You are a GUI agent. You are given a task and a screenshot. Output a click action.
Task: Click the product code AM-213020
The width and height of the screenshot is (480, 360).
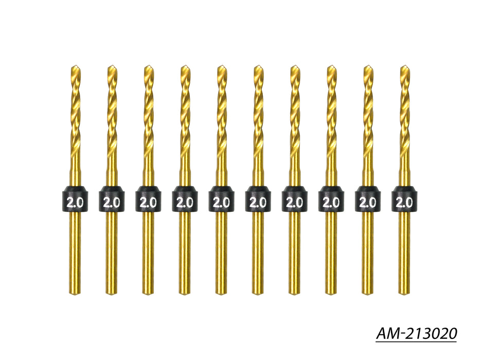(x=416, y=333)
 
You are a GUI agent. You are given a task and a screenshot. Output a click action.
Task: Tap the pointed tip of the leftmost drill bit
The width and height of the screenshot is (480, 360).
(x=75, y=66)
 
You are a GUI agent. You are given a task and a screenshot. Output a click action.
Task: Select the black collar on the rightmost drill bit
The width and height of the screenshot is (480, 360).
(x=404, y=199)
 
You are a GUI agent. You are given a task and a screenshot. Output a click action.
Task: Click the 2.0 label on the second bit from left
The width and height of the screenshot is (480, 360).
(x=112, y=202)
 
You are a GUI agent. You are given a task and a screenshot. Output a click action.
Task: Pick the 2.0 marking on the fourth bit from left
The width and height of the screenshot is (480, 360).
(x=185, y=202)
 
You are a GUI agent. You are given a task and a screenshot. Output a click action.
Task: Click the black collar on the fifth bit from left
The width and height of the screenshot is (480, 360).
(x=222, y=199)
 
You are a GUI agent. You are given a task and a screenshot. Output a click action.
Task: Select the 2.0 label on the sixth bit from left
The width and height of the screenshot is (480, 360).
(x=258, y=202)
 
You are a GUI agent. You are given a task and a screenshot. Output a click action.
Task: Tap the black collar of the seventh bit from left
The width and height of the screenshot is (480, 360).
(x=295, y=199)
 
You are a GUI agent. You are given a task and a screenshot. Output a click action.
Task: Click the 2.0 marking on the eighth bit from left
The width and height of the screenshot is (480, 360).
(x=331, y=202)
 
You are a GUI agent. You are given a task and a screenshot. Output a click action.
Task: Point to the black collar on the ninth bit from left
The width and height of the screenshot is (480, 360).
(x=368, y=199)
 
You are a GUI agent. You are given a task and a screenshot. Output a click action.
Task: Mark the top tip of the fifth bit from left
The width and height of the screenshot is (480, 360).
(x=221, y=66)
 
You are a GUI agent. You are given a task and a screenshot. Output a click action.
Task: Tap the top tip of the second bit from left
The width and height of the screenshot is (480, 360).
(x=112, y=66)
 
